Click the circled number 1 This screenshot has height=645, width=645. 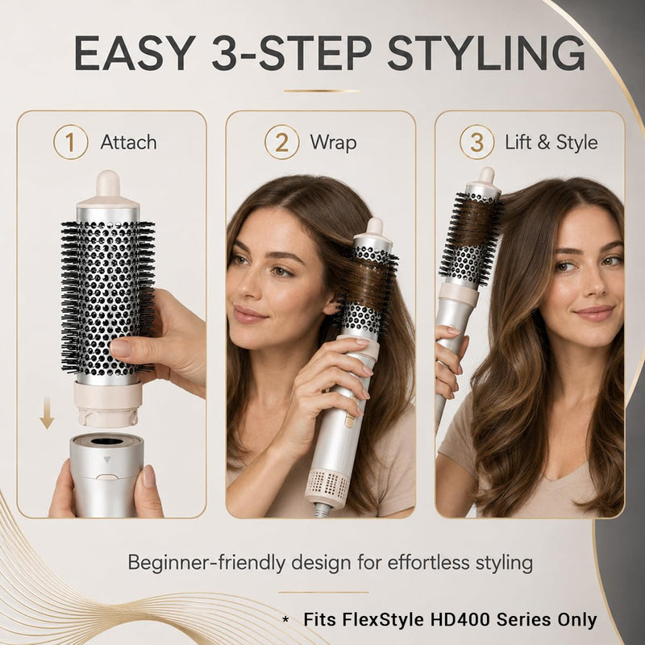70,142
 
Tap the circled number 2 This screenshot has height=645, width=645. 281,143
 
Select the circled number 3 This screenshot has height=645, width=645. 476,143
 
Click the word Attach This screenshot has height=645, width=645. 128,143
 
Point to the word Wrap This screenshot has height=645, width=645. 333,143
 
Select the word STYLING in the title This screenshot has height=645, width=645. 486,53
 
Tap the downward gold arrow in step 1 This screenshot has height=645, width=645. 47,413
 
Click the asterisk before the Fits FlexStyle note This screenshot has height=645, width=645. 285,620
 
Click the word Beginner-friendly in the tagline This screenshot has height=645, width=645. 206,562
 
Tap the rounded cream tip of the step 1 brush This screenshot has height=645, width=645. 108,183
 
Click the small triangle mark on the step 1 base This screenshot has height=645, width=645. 107,460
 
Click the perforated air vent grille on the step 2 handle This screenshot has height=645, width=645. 328,485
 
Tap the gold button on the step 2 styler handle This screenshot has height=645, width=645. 349,420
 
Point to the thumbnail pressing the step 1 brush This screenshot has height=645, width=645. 120,347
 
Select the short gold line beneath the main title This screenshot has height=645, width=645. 322,91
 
